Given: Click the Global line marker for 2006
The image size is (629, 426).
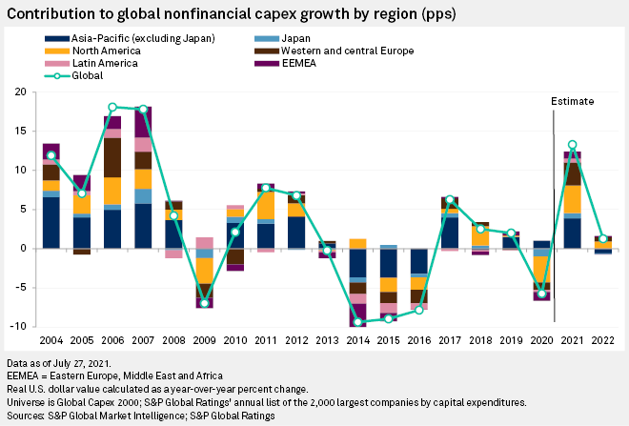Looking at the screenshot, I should (112, 108).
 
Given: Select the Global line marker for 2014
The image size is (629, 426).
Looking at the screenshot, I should (358, 322).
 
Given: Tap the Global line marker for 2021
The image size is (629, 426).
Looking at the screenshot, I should (573, 145).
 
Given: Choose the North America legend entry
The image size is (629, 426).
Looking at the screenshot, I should (98, 51).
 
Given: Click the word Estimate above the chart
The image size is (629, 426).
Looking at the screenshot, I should (573, 100).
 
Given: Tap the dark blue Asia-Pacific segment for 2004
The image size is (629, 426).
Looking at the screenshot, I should (51, 223).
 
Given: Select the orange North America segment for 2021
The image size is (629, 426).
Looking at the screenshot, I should (573, 199).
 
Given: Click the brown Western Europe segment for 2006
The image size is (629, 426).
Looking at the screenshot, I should (112, 157).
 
